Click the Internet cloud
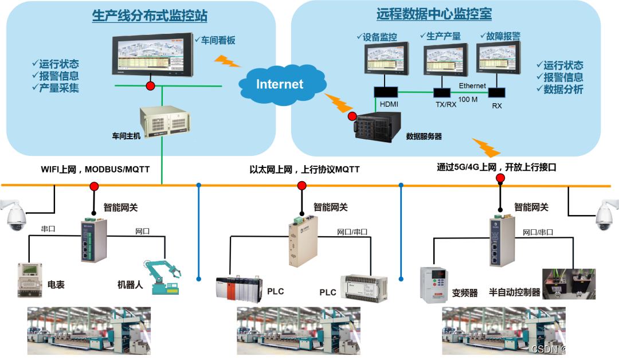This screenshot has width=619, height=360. coord(279,84)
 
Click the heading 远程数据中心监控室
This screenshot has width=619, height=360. coord(434,14)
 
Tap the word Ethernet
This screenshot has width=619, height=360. coord(472,85)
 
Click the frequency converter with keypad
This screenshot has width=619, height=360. coord(434,285)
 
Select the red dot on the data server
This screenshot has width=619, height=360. coord(352,116)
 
